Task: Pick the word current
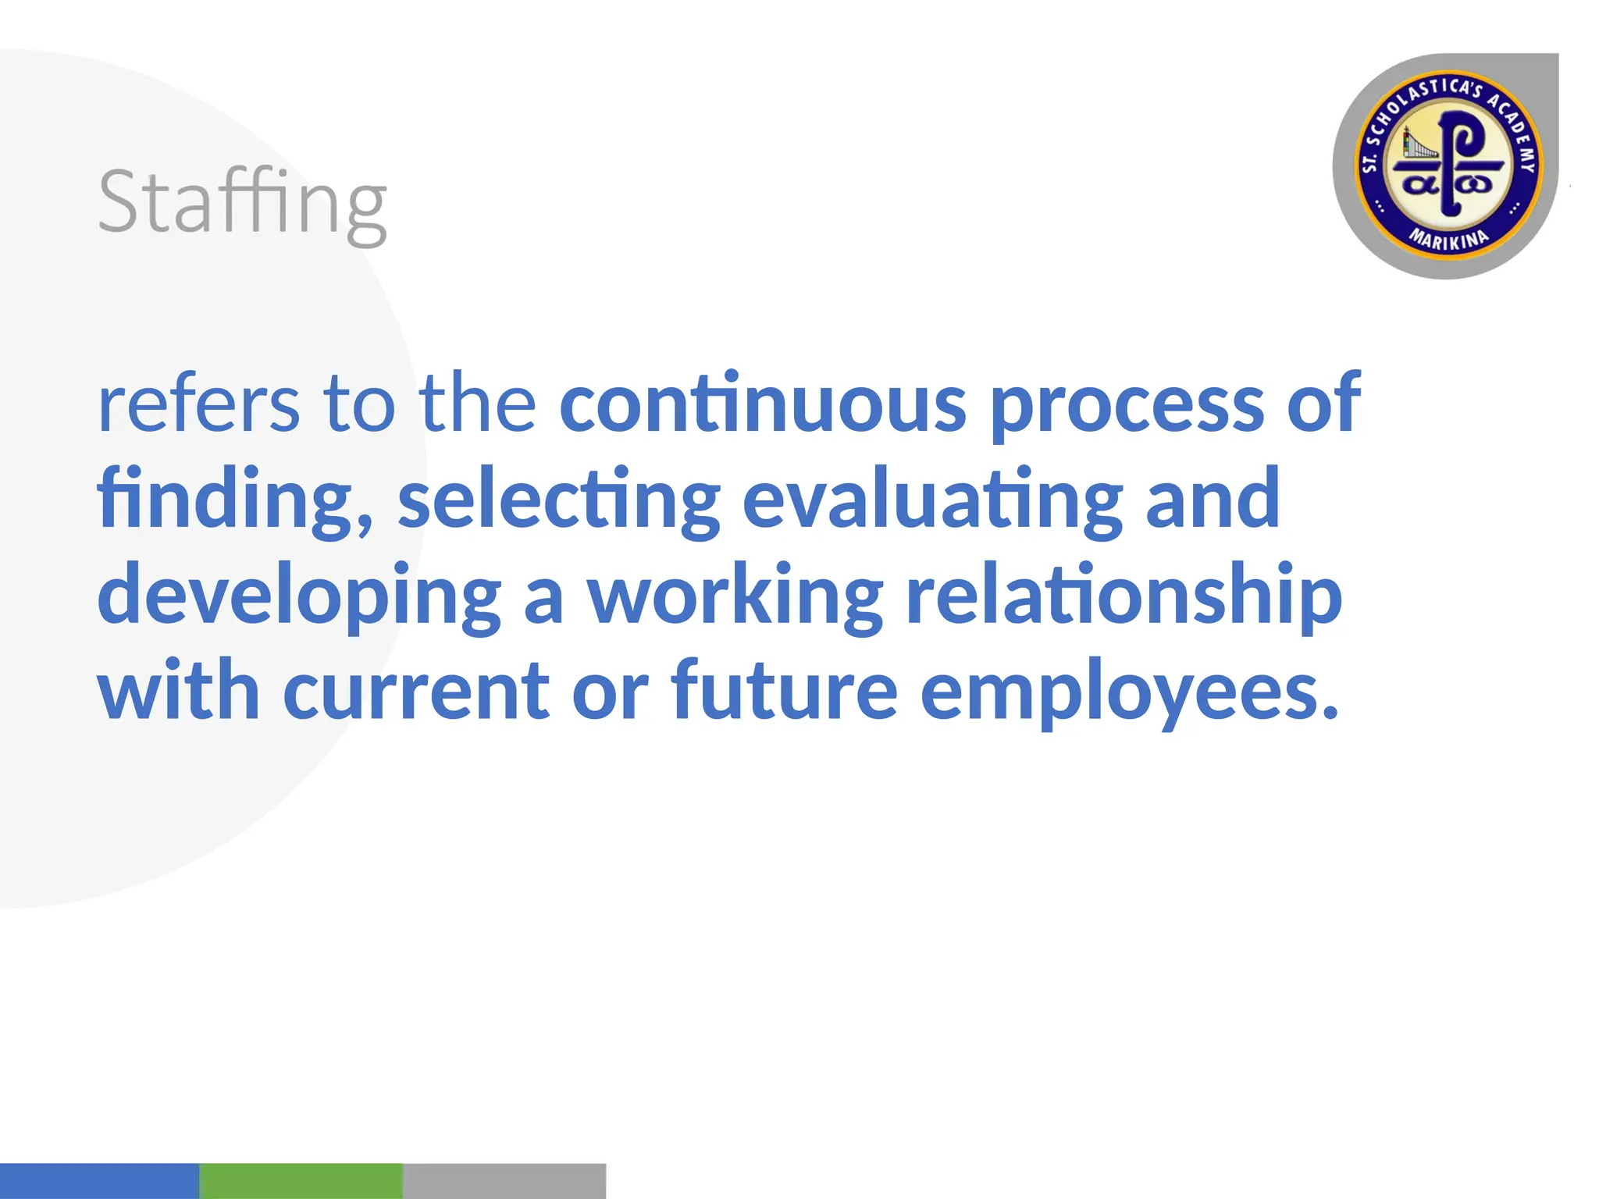[416, 692]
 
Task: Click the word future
[784, 690]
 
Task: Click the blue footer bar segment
[99, 1180]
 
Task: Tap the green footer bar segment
[301, 1180]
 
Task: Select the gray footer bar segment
[504, 1180]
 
